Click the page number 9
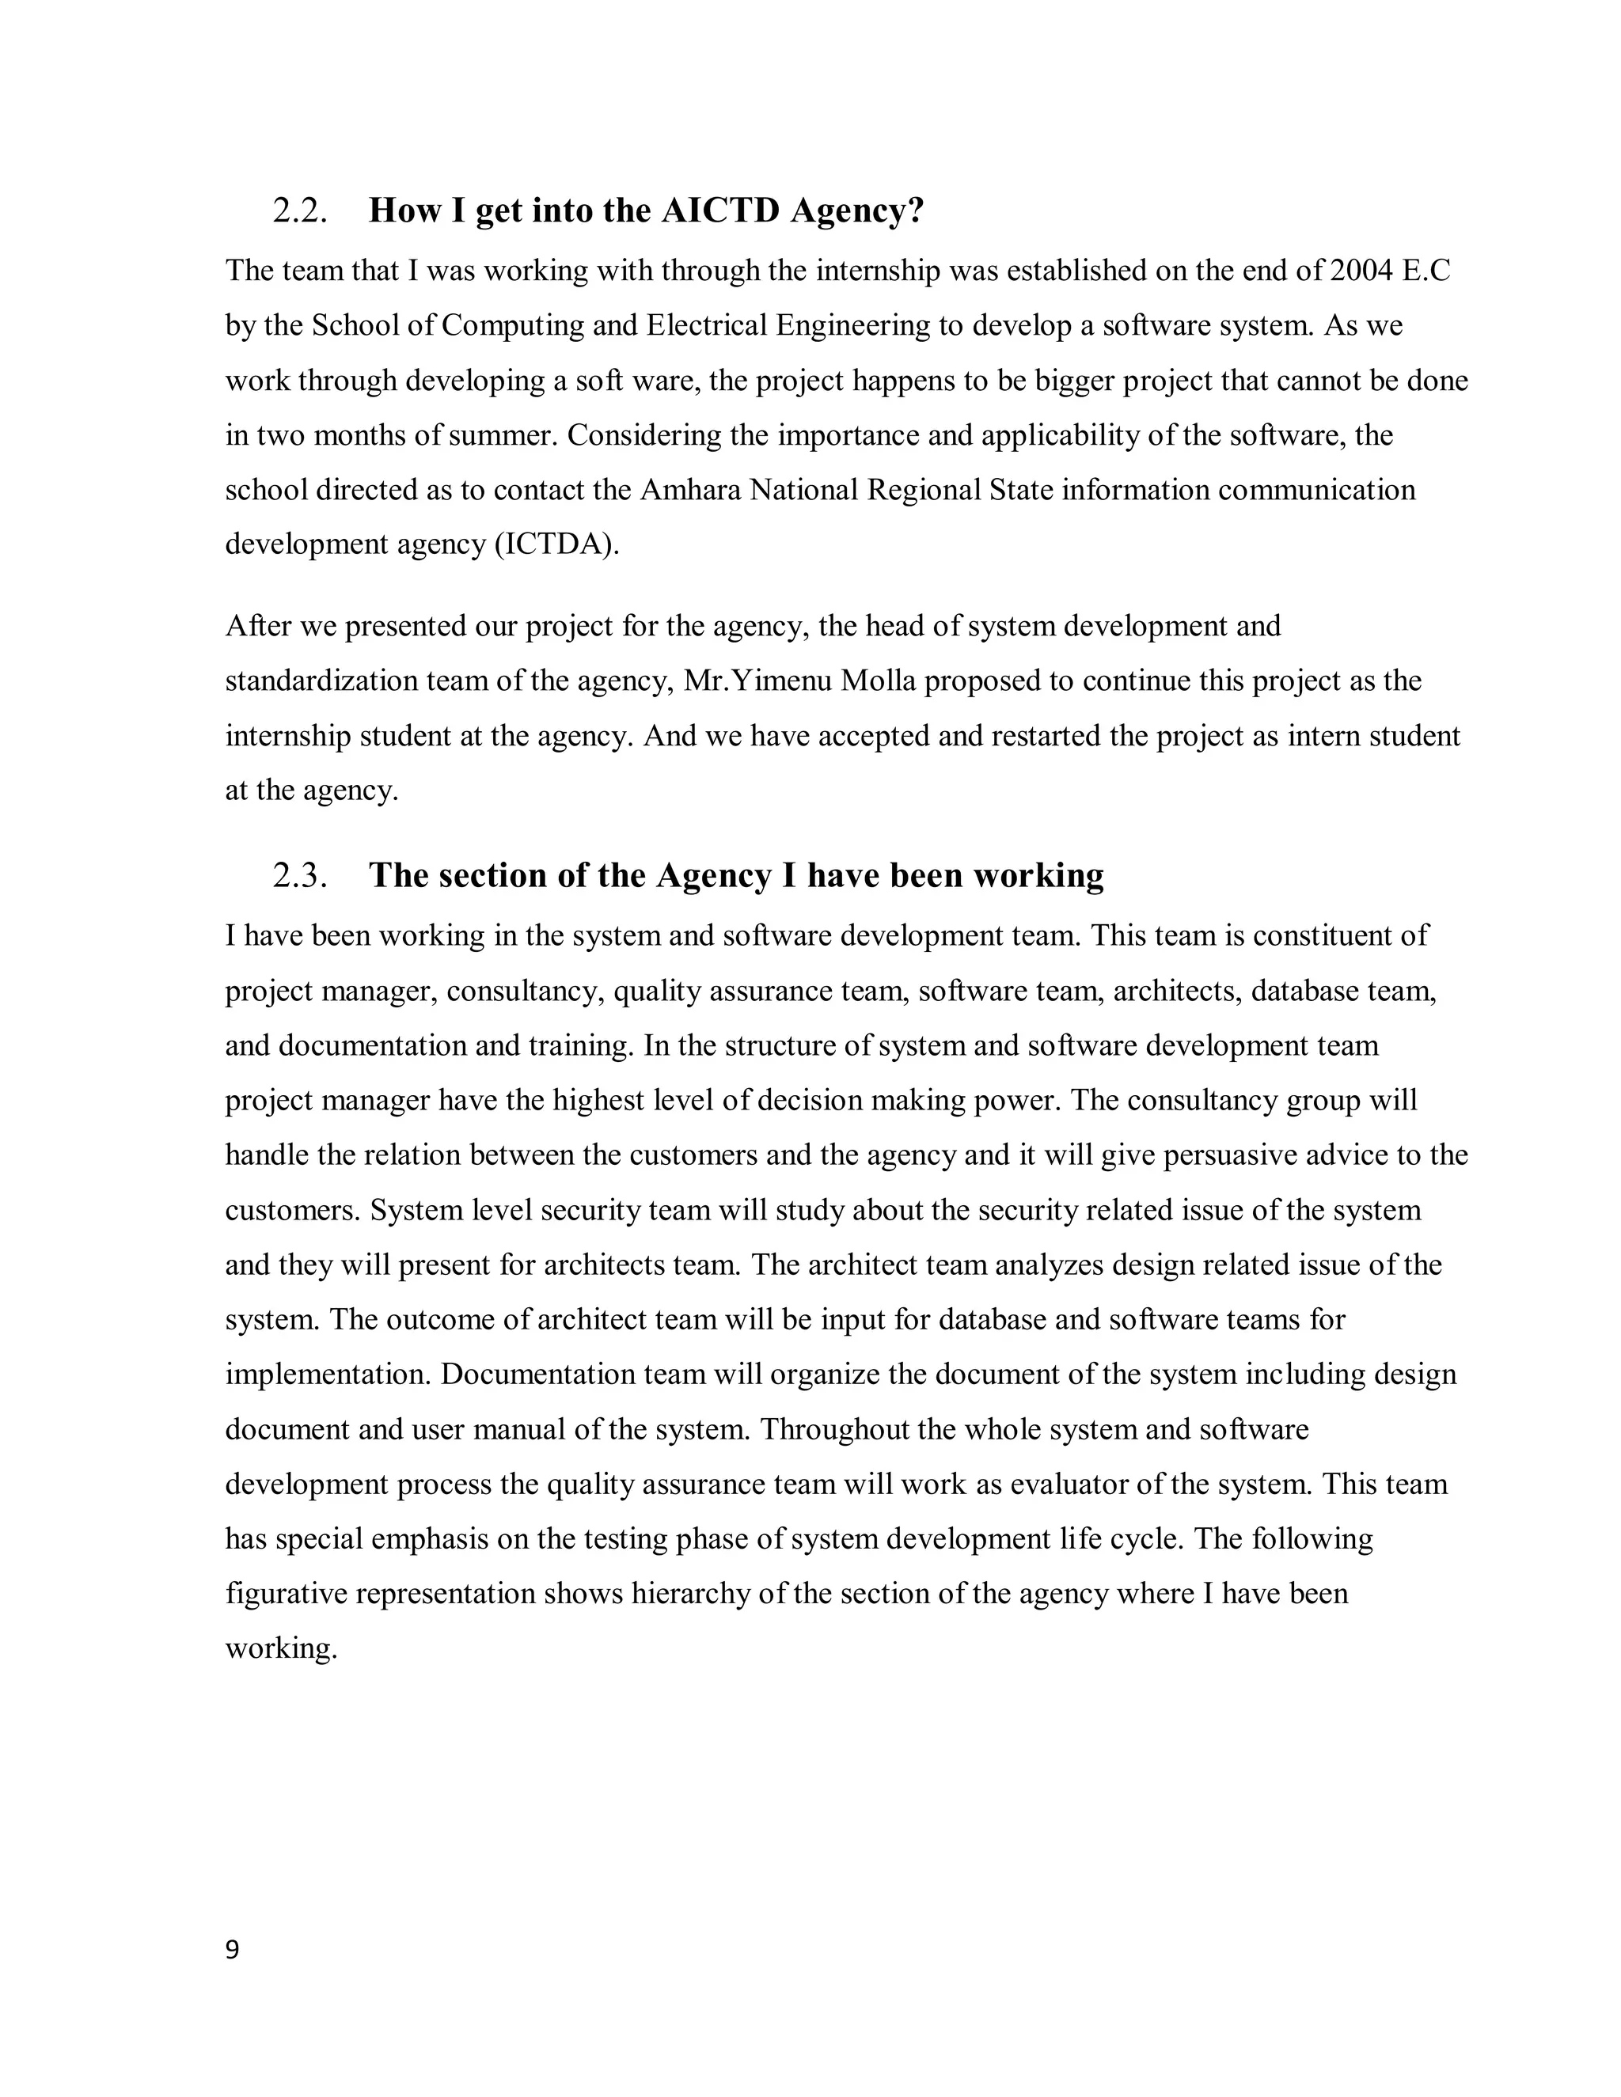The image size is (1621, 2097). [231, 1950]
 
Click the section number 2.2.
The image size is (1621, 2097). [300, 211]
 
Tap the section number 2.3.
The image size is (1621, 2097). [300, 876]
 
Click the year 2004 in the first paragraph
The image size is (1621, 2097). [1361, 271]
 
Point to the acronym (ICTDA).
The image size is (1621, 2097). [557, 545]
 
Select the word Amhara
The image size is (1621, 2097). [689, 491]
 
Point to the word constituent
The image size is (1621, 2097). [1330, 936]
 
